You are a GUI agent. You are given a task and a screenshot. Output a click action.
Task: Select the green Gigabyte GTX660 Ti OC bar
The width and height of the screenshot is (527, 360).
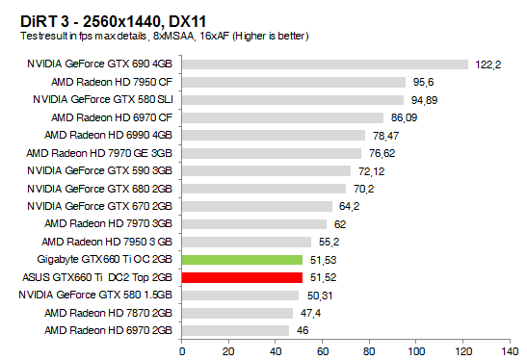(x=242, y=260)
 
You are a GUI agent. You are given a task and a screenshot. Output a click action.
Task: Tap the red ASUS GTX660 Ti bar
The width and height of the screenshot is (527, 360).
(x=242, y=277)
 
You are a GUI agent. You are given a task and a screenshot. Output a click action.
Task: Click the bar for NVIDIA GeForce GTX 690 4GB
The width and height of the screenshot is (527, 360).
(x=325, y=64)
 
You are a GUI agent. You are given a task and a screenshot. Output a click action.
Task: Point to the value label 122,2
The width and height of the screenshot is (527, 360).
(x=488, y=64)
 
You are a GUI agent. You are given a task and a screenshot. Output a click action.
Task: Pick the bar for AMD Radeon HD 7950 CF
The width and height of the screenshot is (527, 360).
(x=293, y=82)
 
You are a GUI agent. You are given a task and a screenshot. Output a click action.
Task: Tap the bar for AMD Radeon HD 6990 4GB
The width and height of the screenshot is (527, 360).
(x=274, y=136)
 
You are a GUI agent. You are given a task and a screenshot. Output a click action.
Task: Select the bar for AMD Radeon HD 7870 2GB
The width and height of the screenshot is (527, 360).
(x=237, y=313)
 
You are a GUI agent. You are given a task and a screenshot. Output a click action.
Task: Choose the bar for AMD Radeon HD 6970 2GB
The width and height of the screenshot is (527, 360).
(x=235, y=330)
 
